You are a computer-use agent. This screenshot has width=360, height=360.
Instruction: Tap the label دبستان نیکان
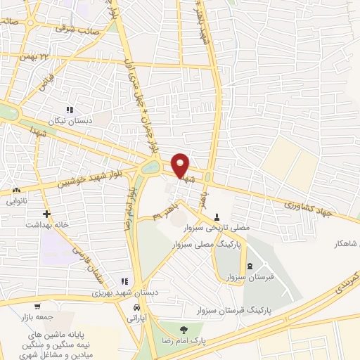pos(70,120)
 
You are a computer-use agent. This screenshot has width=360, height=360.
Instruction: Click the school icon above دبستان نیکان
pos(70,109)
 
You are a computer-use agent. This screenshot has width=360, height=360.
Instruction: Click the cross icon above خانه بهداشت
pos(46,213)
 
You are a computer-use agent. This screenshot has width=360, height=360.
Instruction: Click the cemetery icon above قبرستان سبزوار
pos(250,266)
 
